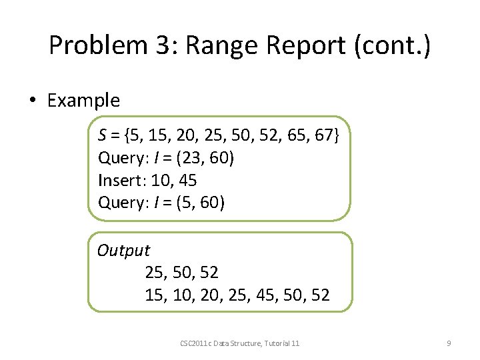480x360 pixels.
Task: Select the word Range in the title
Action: [211, 45]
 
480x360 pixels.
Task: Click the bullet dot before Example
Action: [31, 101]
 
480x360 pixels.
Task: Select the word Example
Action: [83, 101]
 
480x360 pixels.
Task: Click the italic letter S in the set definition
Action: [102, 137]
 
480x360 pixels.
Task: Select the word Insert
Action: [121, 181]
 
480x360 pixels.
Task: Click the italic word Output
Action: [123, 251]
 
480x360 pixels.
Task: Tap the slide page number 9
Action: [449, 343]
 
